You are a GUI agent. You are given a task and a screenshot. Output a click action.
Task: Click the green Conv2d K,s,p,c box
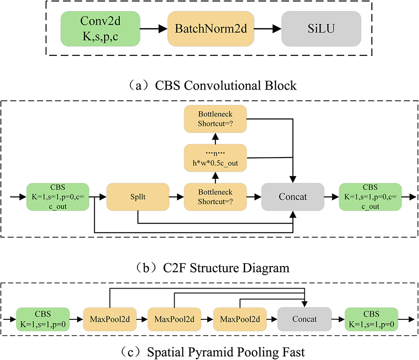pyautogui.click(x=100, y=29)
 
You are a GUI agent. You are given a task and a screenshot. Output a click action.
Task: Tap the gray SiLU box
pyautogui.click(x=321, y=29)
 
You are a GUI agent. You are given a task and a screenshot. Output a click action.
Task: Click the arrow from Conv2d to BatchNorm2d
pyautogui.click(x=154, y=29)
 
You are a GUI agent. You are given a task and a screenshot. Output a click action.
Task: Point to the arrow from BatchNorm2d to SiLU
pyautogui.click(x=268, y=29)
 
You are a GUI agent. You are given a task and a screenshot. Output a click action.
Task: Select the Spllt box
pyautogui.click(x=137, y=197)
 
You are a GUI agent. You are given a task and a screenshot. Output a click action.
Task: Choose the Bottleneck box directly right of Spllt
pyautogui.click(x=215, y=197)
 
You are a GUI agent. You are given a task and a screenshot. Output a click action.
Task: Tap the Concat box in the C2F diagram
pyautogui.click(x=293, y=197)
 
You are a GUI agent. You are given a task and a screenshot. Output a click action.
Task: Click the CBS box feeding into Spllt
pyautogui.click(x=57, y=197)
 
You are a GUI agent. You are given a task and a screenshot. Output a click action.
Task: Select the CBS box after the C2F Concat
pyautogui.click(x=371, y=197)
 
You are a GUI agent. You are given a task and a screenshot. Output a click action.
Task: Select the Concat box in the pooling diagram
pyautogui.click(x=304, y=320)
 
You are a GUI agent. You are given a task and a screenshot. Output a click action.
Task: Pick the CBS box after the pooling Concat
pyautogui.click(x=371, y=320)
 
